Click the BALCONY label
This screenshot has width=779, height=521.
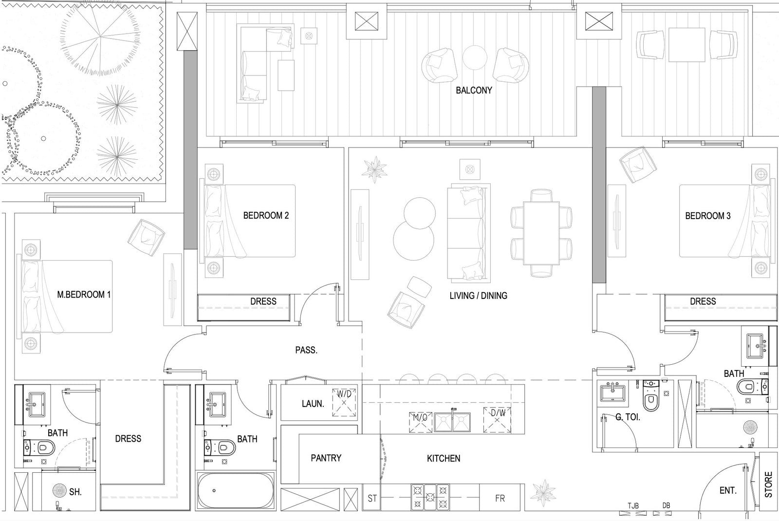pos(474,91)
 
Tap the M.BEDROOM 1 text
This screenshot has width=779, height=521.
pos(84,295)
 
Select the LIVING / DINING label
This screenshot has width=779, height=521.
pos(478,296)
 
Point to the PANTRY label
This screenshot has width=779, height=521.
pos(326,458)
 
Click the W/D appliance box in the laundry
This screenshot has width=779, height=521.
pos(344,403)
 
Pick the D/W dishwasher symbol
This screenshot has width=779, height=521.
pos(497,420)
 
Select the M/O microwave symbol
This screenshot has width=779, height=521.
pos(421,422)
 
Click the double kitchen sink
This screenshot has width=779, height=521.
pos(452,422)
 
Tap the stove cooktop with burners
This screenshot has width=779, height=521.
pos(430,497)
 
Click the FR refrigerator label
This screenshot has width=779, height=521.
pos(500,499)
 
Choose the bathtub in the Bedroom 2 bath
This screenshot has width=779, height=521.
pos(236,491)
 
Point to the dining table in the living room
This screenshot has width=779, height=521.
pos(541,233)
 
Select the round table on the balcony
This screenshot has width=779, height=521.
pos(475,58)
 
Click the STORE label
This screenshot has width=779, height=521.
pos(769,484)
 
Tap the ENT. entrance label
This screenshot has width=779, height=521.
pos(728,491)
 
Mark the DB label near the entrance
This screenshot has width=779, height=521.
pos(666,505)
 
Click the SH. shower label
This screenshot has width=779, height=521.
pos(75,492)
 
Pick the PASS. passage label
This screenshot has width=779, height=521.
pos(306,350)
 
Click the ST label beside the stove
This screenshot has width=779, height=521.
pos(372,499)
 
